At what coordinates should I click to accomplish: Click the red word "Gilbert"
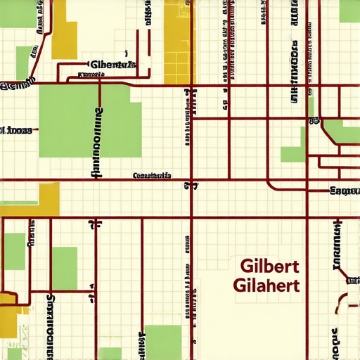pyautogui.click(x=270, y=267)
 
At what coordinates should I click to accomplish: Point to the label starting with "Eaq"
pyautogui.click(x=345, y=191)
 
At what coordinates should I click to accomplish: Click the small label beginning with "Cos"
pyautogui.click(x=151, y=175)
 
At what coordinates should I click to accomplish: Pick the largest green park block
pyautogui.click(x=89, y=120)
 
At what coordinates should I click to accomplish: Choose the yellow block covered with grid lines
pyautogui.click(x=179, y=42)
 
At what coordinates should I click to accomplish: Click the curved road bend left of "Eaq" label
pyautogui.click(x=271, y=184)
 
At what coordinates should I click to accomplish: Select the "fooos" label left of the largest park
pyautogui.click(x=15, y=130)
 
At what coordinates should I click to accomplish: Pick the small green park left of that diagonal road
pyautogui.click(x=24, y=63)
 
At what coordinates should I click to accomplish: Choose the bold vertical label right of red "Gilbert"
pyautogui.click(x=337, y=245)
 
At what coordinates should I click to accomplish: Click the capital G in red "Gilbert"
pyautogui.click(x=245, y=267)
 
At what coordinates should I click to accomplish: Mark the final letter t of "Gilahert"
pyautogui.click(x=297, y=285)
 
